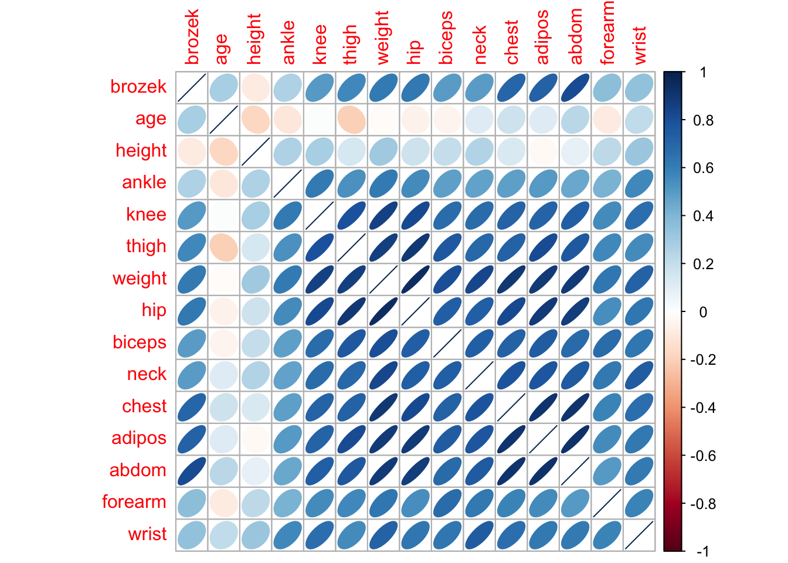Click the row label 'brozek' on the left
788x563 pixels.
click(x=138, y=87)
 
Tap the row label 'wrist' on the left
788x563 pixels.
click(x=148, y=534)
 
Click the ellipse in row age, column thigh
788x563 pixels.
click(x=352, y=119)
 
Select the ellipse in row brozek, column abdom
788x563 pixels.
click(x=575, y=87)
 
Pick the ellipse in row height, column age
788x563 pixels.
click(x=224, y=151)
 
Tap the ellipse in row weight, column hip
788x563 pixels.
click(x=416, y=279)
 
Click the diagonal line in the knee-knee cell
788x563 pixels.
click(x=320, y=215)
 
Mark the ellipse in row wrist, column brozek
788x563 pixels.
click(x=192, y=535)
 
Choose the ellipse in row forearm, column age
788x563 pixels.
click(x=224, y=503)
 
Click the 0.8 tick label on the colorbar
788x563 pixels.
click(x=703, y=121)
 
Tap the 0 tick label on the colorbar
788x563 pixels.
click(x=703, y=313)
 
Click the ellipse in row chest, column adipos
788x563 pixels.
click(x=544, y=407)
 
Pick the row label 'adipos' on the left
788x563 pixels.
click(x=139, y=439)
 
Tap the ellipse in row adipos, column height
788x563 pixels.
click(x=256, y=439)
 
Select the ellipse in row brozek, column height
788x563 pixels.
click(x=256, y=87)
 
